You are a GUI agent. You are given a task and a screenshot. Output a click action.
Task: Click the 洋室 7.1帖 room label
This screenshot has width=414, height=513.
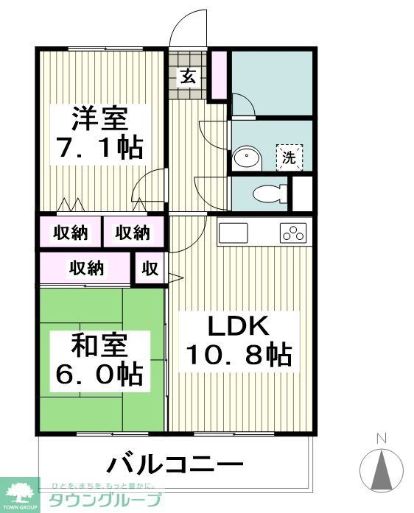101,133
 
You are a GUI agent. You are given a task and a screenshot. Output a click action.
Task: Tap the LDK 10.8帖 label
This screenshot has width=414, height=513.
237,341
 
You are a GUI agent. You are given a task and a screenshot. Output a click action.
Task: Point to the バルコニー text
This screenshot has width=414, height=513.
175,465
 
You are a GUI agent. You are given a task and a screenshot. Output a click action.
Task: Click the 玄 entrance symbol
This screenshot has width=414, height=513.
188,76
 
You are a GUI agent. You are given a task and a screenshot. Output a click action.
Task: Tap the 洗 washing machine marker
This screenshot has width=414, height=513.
289,157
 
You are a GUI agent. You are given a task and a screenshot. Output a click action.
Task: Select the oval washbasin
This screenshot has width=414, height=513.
248,158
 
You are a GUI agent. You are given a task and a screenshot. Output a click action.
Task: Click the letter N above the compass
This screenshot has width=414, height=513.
381,439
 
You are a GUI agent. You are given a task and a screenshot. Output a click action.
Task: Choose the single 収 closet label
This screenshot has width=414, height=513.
150,269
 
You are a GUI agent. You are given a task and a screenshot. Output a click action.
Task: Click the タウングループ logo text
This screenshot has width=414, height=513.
103,500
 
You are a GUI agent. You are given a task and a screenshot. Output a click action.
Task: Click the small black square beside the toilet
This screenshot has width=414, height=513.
301,194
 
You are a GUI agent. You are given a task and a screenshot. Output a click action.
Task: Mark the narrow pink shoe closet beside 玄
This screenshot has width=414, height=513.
218,75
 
